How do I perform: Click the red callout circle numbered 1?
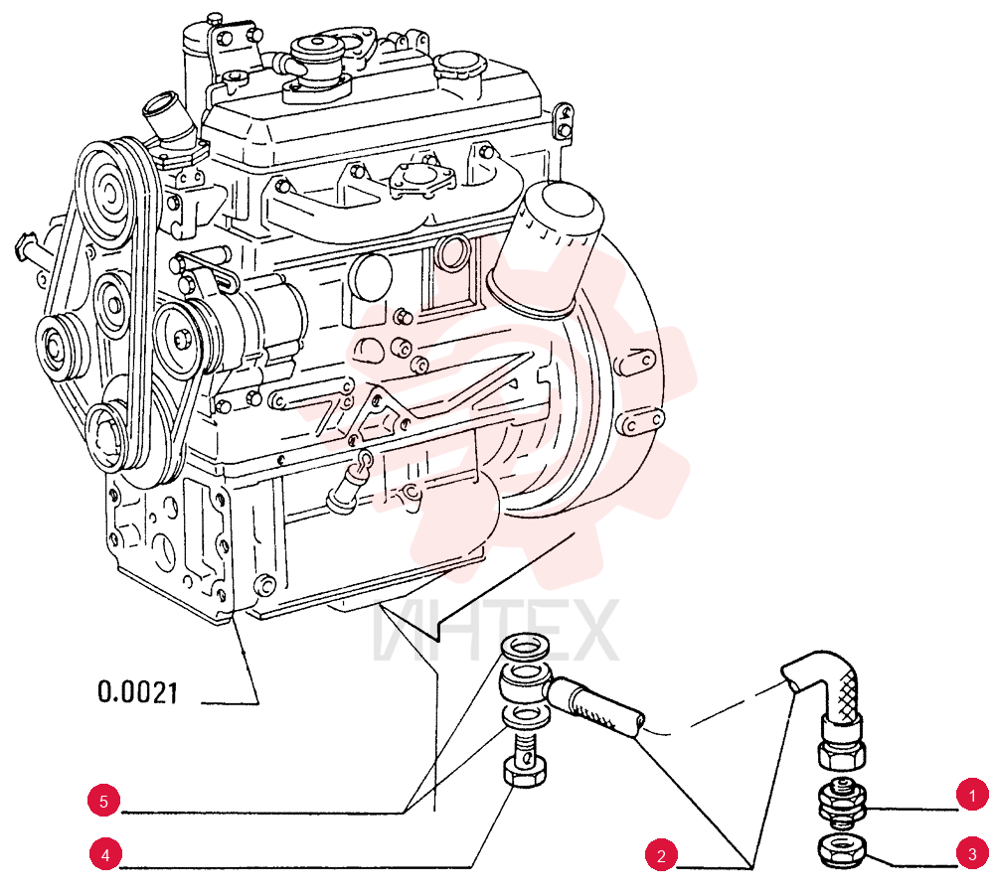[x=972, y=795]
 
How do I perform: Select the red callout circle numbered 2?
[x=661, y=855]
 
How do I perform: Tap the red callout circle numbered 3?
[x=972, y=853]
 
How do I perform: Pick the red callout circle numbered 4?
[x=104, y=854]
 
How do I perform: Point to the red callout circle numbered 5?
[x=104, y=800]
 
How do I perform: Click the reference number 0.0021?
[x=137, y=692]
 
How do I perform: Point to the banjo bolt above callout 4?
[x=526, y=760]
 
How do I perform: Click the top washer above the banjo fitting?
[x=526, y=649]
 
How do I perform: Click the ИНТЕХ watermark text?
[x=494, y=630]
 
